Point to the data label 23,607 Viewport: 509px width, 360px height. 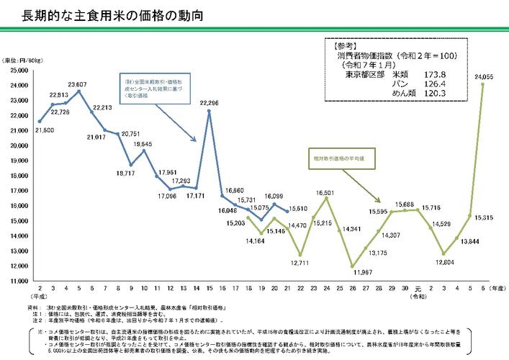[78, 84]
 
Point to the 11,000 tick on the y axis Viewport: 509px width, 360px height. [17, 280]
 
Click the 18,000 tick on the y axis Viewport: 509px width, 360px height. [17, 176]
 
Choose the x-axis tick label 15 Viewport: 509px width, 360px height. [209, 288]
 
